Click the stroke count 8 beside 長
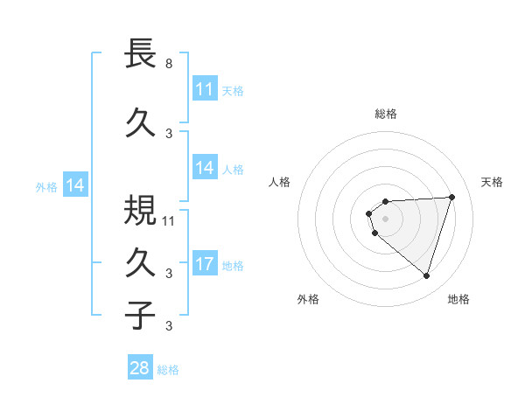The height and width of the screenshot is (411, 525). click(x=169, y=64)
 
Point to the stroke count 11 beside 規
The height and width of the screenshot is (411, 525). click(x=169, y=220)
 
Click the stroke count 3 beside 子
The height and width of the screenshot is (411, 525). click(x=169, y=326)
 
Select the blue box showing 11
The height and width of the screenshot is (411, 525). click(x=205, y=89)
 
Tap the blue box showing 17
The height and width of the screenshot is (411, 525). click(x=205, y=264)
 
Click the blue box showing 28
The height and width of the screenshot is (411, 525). click(x=140, y=368)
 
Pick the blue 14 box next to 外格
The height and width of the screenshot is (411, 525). click(x=74, y=185)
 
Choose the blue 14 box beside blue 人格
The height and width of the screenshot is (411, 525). click(x=205, y=168)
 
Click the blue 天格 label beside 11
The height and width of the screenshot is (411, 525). click(x=233, y=90)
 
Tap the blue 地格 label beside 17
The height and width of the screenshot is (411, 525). click(x=233, y=265)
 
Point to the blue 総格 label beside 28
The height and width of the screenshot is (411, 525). click(x=168, y=369)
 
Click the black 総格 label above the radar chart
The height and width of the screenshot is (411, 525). click(x=386, y=114)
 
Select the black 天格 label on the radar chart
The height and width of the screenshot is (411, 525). click(x=493, y=182)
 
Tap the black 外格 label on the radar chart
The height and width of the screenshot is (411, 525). click(x=308, y=299)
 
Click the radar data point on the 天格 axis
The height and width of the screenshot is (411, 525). click(x=452, y=197)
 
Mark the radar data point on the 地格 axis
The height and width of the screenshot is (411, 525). click(x=427, y=276)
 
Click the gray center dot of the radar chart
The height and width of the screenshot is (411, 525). click(x=386, y=218)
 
